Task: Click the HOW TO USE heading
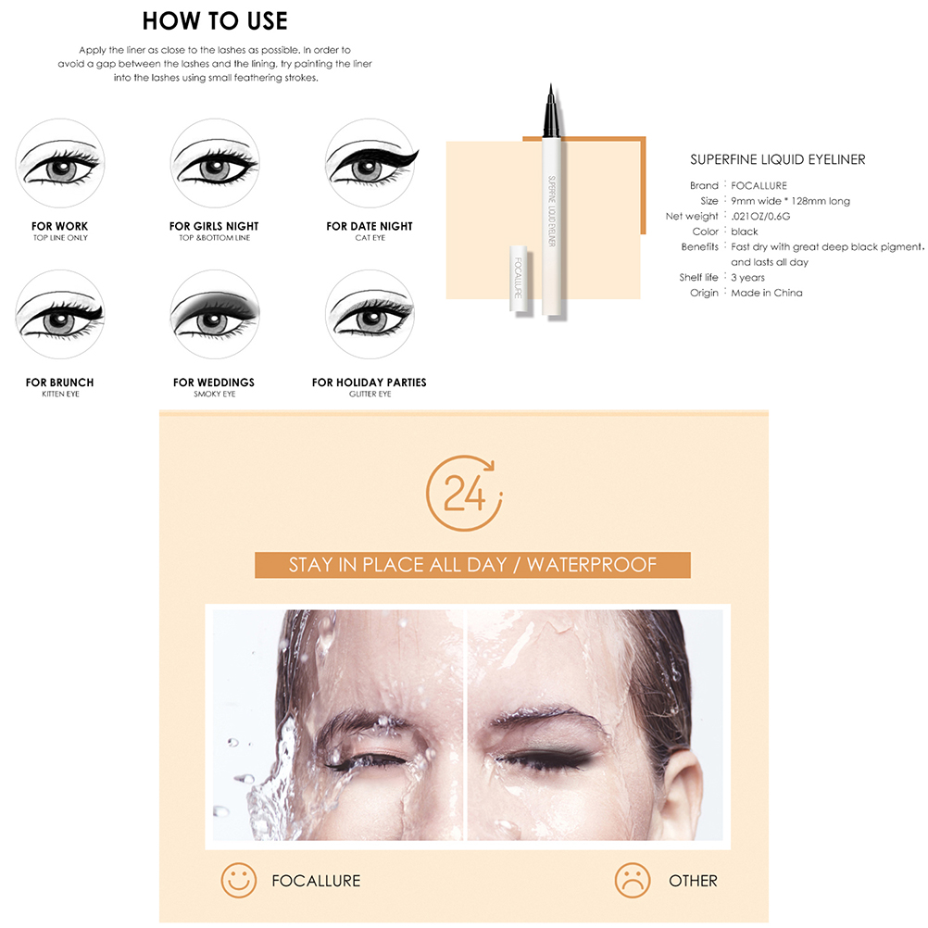click(x=215, y=20)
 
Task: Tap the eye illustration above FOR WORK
click(x=60, y=163)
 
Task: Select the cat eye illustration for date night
click(x=371, y=163)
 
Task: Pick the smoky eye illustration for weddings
click(x=215, y=314)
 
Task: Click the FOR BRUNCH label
click(x=60, y=382)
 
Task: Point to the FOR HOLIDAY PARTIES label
click(x=370, y=382)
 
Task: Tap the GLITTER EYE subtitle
click(x=370, y=395)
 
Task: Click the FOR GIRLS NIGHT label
click(x=214, y=226)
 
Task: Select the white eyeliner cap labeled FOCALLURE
click(x=519, y=279)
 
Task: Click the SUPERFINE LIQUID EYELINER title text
click(x=778, y=159)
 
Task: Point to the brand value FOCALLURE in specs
click(x=759, y=186)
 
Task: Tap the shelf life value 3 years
click(x=747, y=278)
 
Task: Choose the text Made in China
click(x=767, y=293)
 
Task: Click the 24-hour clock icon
click(x=464, y=493)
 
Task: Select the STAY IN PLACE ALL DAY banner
click(x=472, y=565)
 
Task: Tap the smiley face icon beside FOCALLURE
click(x=239, y=880)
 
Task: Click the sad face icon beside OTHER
click(x=632, y=880)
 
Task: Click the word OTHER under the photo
click(x=693, y=881)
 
